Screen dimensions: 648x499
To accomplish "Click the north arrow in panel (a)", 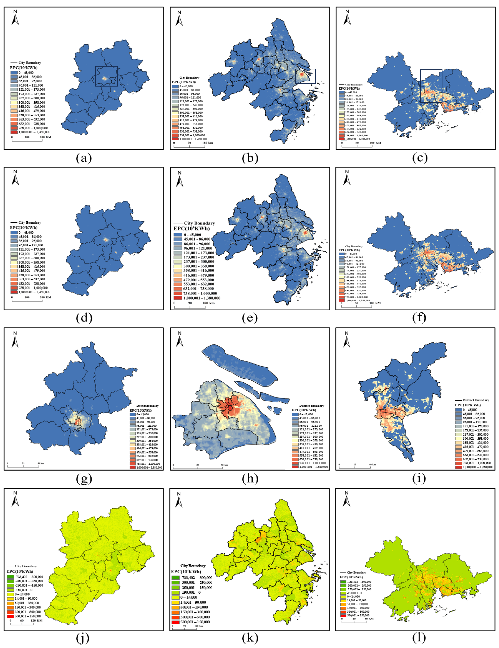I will (x=15, y=18).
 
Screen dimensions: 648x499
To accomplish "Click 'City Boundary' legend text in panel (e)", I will (x=199, y=223).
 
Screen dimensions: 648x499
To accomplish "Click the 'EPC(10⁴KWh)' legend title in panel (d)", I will (x=24, y=228).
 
